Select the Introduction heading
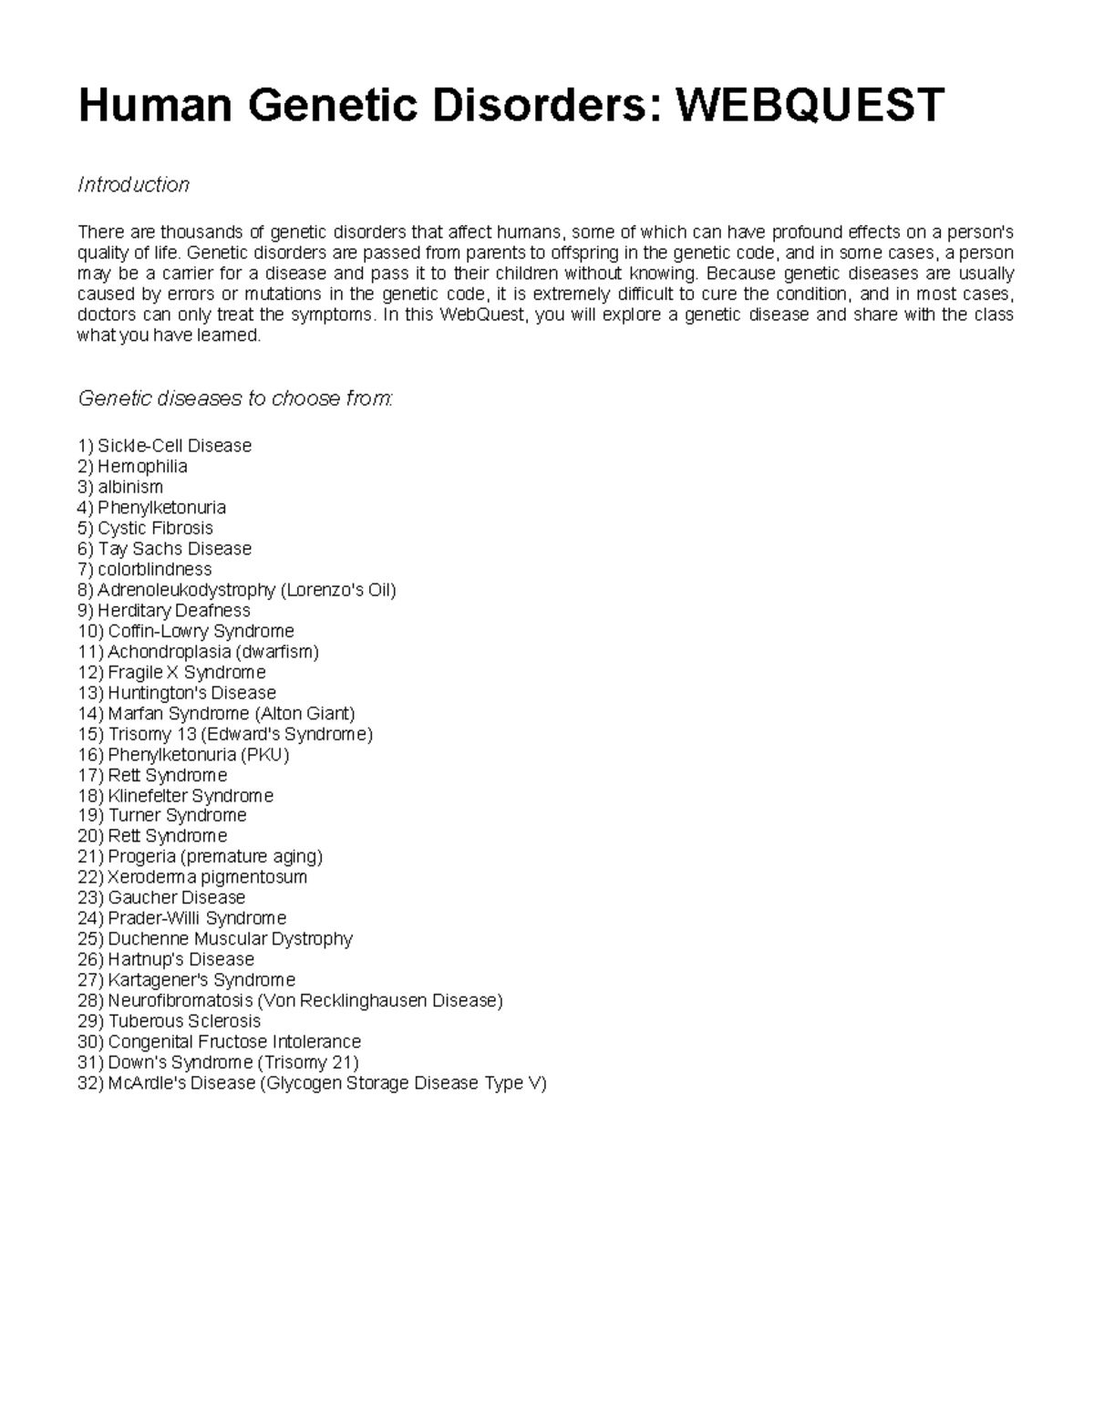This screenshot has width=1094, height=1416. (133, 185)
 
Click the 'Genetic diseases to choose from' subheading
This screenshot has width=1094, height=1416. (235, 398)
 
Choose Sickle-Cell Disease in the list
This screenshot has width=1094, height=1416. (174, 446)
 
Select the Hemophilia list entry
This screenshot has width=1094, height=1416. (142, 467)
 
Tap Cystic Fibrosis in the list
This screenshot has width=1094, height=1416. (155, 528)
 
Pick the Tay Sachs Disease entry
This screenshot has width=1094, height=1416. (174, 549)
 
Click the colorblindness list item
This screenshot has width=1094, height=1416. (154, 570)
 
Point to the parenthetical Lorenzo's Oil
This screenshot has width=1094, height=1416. (338, 590)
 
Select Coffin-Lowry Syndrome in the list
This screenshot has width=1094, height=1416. (201, 631)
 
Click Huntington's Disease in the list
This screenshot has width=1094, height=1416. (191, 693)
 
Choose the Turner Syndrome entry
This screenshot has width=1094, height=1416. (177, 816)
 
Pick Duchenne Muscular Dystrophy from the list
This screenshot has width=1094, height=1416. (230, 939)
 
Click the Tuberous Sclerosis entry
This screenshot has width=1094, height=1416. (184, 1021)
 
